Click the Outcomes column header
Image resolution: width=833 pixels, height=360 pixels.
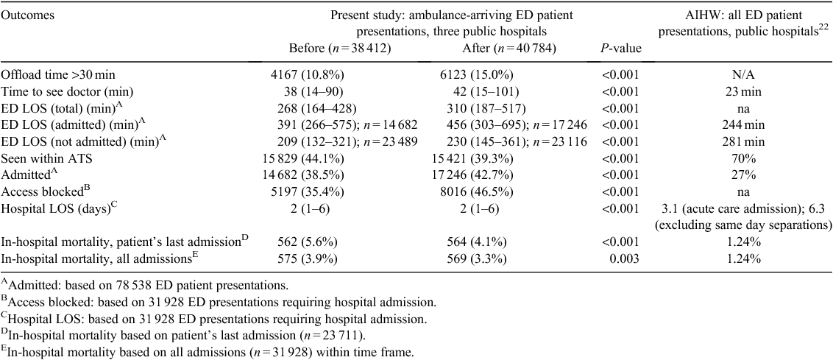click(20, 15)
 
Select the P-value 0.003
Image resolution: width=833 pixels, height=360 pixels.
click(626, 259)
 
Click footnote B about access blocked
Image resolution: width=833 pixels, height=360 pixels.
click(219, 303)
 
